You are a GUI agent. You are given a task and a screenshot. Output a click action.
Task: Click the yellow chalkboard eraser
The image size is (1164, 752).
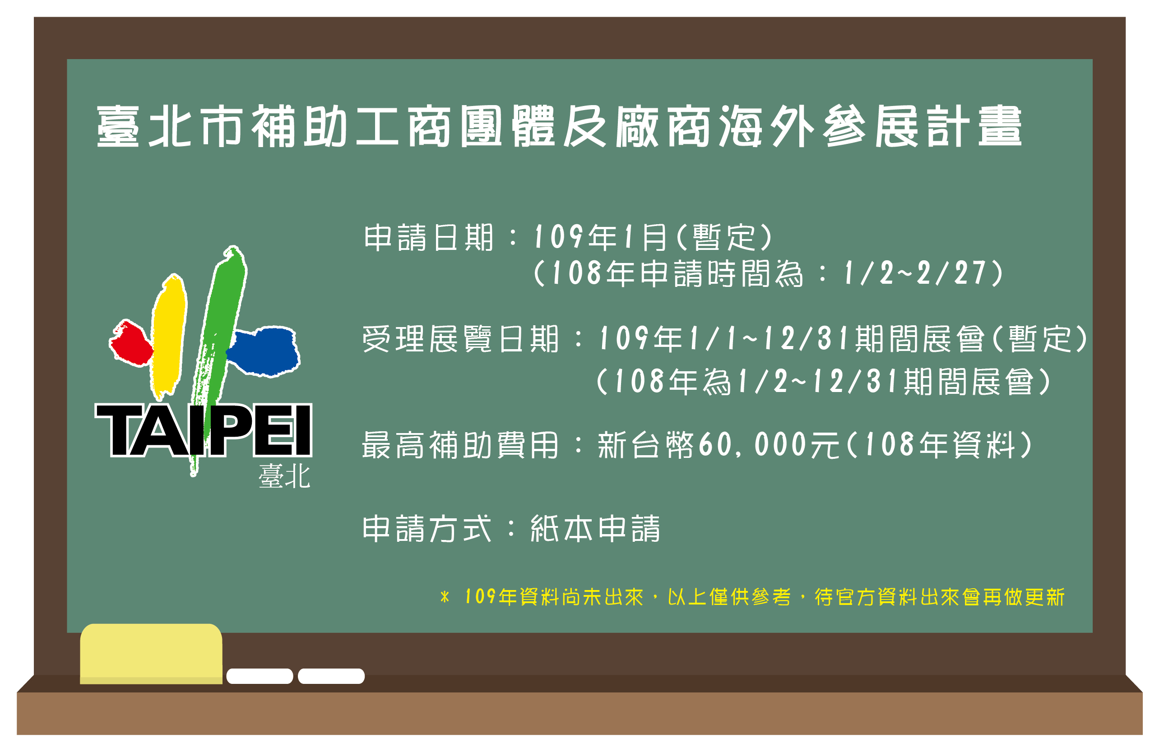pos(151,654)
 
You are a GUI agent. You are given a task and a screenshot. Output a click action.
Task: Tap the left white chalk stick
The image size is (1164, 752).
pos(260,676)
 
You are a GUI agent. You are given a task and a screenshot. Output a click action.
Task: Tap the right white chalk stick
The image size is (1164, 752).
pos(331,676)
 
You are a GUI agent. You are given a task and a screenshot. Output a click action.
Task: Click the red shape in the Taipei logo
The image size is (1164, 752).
pos(130,343)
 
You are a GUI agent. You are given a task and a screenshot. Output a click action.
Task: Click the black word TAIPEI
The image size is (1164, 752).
pos(203,430)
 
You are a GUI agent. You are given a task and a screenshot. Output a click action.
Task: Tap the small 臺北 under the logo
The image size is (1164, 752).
pos(284,476)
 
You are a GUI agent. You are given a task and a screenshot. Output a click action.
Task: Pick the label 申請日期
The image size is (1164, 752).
pos(428,238)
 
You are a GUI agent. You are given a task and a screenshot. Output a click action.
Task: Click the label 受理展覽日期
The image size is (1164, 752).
pos(460,339)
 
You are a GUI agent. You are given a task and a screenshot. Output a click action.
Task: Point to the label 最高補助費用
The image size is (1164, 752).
pos(460,445)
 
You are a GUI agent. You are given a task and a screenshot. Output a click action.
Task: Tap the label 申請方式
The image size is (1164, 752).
pos(427,529)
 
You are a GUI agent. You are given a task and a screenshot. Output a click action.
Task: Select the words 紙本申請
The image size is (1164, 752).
pos(595,529)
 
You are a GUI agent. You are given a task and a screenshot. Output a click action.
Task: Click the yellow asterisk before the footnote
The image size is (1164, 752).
pos(445,597)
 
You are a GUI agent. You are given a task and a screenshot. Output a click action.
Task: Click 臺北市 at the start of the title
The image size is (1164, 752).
pos(170,126)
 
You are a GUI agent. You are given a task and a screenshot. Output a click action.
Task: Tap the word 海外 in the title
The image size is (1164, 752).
pos(766,126)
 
